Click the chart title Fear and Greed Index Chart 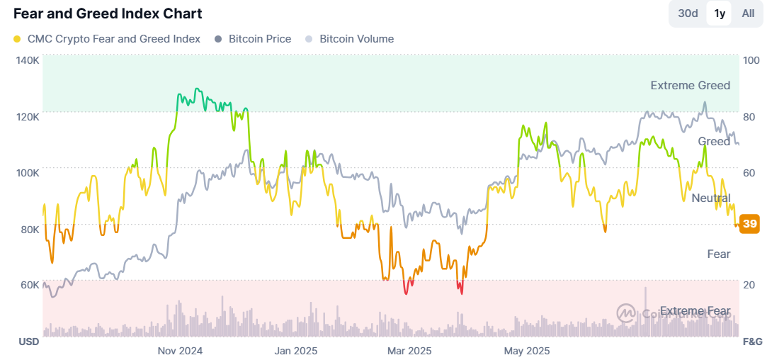coord(108,13)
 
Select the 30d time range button coord(688,13)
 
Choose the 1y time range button coord(720,13)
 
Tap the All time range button coord(748,13)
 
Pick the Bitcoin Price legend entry coord(259,39)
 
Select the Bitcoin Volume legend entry coord(356,39)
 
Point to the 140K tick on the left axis coord(27,60)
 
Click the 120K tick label coord(27,116)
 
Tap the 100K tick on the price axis coord(27,172)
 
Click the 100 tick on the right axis coord(750,60)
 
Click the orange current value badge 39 coord(750,224)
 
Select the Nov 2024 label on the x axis coord(180,351)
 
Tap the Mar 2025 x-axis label coord(409,351)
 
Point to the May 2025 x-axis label coord(526,351)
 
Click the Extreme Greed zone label coord(690,86)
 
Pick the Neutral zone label coord(711,198)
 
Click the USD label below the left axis coord(28,342)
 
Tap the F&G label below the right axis coord(751,342)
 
